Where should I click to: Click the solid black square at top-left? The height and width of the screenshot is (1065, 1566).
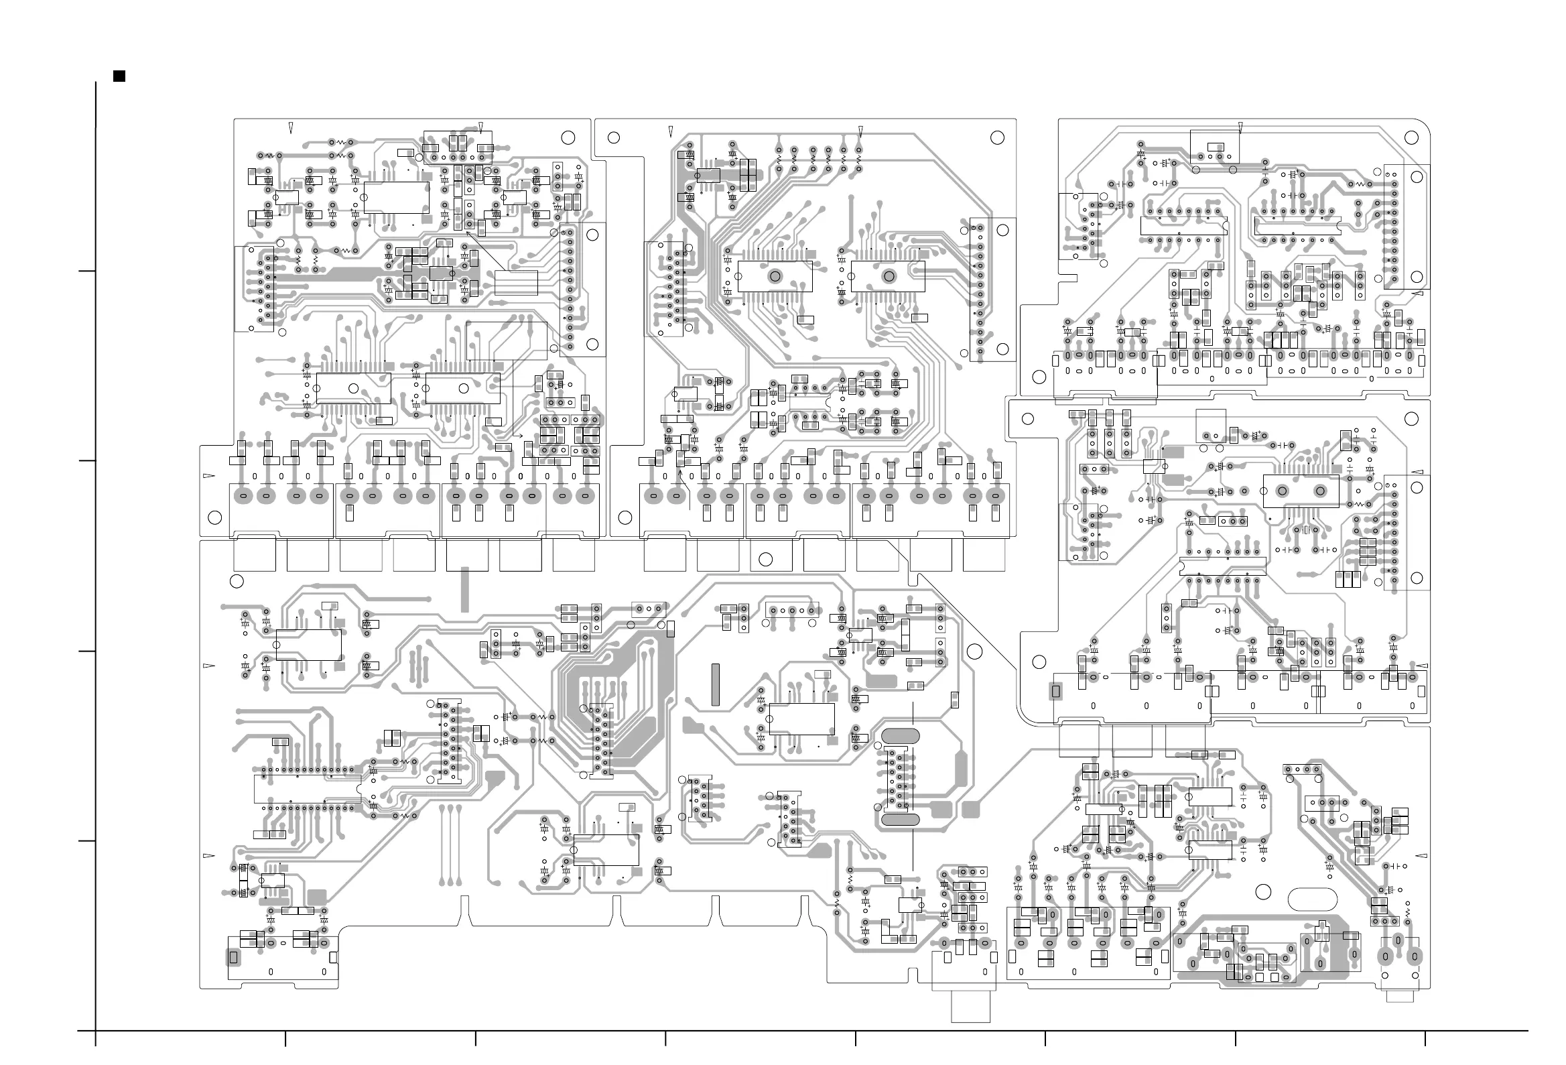tap(119, 76)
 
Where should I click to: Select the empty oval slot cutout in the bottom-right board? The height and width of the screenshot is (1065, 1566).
tap(1312, 899)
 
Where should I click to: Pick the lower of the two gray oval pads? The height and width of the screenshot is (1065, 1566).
tap(900, 819)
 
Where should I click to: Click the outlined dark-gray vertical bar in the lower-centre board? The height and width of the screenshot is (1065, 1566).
tap(716, 684)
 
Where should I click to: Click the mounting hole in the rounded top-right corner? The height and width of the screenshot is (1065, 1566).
tap(1412, 137)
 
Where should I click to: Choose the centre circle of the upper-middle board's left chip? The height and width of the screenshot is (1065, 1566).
tap(775, 275)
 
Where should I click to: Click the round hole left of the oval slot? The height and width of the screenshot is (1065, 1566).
tap(1263, 892)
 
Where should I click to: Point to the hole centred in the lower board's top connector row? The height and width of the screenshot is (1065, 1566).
tap(765, 559)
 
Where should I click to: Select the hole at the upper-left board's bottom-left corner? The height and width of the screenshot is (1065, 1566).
tap(215, 517)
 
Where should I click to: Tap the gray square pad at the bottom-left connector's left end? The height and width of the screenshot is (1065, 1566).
tap(234, 956)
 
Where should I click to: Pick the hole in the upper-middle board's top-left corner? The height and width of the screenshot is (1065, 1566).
tap(613, 137)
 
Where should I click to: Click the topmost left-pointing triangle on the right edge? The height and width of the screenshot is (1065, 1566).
tap(1417, 294)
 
